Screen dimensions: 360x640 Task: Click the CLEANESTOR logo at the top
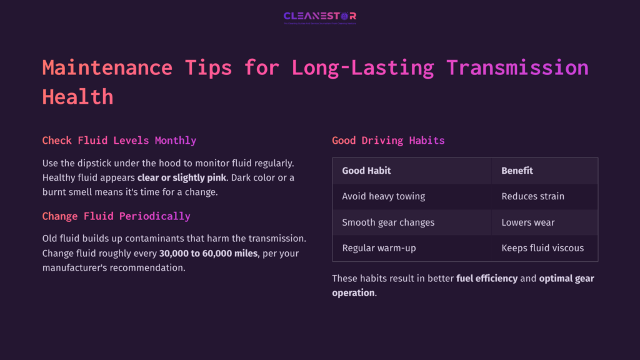(319, 16)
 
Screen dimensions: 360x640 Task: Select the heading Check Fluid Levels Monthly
(119, 140)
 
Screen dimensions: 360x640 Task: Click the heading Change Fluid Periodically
(116, 216)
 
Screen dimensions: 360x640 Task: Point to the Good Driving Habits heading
(388, 140)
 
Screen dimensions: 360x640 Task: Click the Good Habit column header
(366, 170)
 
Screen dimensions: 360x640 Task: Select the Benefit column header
(517, 170)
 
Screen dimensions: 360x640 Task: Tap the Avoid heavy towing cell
(383, 196)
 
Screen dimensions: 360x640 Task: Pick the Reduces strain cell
(532, 196)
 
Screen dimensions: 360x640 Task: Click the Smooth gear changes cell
(388, 222)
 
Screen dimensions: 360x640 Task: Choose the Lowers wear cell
(527, 222)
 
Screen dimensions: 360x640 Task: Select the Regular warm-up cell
(379, 248)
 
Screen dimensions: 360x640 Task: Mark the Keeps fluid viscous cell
(542, 248)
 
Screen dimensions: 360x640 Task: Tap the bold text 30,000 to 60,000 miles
(208, 254)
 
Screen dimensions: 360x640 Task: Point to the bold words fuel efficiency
(487, 278)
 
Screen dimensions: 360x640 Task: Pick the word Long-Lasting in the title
(356, 67)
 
